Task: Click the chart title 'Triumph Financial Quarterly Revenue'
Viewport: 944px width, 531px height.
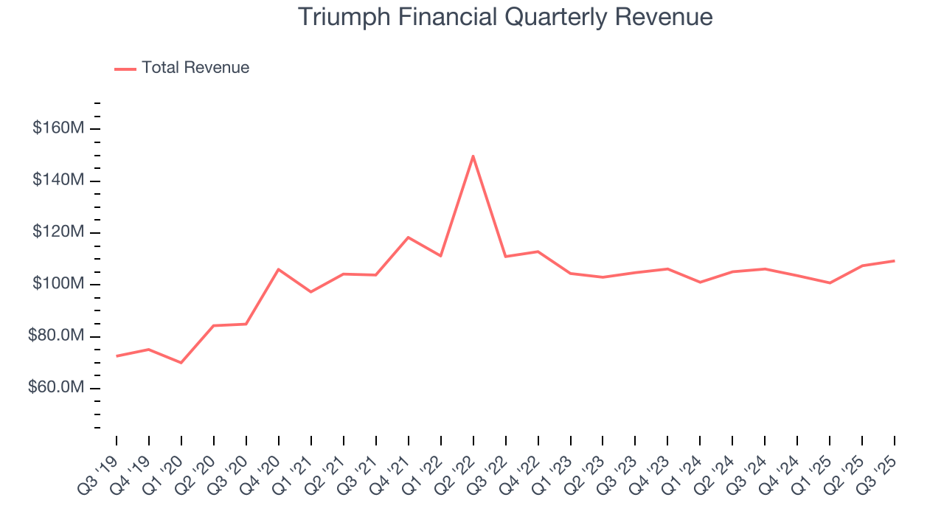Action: (x=505, y=17)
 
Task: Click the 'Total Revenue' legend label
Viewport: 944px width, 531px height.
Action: (x=195, y=68)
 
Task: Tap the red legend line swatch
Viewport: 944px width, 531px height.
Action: (x=125, y=69)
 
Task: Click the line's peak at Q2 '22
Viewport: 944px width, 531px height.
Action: (x=473, y=156)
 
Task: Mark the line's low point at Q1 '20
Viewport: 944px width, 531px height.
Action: (x=181, y=363)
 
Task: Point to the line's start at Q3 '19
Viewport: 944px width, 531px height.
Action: (x=117, y=356)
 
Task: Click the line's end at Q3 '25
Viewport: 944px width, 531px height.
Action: (x=894, y=260)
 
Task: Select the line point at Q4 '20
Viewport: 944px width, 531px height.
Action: (x=278, y=269)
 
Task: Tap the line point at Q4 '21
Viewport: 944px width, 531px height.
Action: (x=408, y=237)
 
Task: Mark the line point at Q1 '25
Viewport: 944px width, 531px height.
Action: (x=830, y=283)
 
